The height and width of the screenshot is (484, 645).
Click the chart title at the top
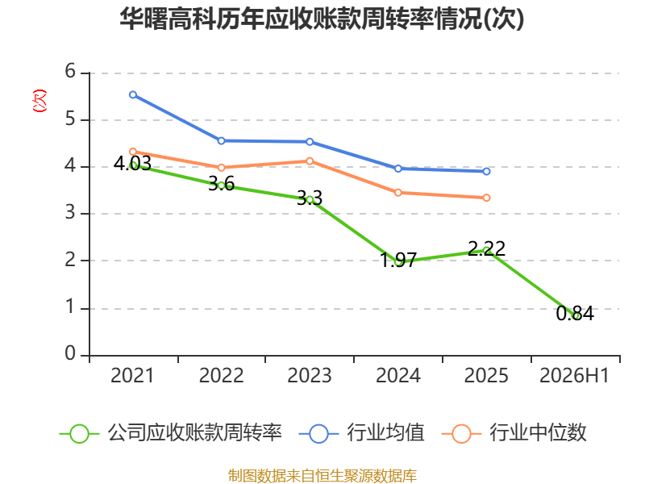322,19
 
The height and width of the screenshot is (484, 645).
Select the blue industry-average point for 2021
133,94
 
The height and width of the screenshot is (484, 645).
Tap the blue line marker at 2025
486,171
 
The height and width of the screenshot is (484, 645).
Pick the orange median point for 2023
310,161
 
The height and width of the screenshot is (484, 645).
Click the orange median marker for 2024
397,193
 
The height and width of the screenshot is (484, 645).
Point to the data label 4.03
132,164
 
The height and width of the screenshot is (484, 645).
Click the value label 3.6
221,184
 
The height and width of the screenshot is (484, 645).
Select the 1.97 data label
398,260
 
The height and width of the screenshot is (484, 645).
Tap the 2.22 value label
487,248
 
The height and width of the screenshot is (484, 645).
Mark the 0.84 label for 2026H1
575,314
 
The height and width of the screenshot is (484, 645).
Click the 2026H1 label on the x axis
574,375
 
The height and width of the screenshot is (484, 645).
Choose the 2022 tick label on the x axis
221,375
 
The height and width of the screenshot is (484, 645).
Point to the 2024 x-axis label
398,375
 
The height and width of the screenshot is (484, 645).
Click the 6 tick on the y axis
70,72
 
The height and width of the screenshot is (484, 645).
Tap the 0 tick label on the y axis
70,353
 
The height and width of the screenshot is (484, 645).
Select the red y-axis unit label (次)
40,101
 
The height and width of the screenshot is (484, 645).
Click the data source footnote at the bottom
322,476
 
